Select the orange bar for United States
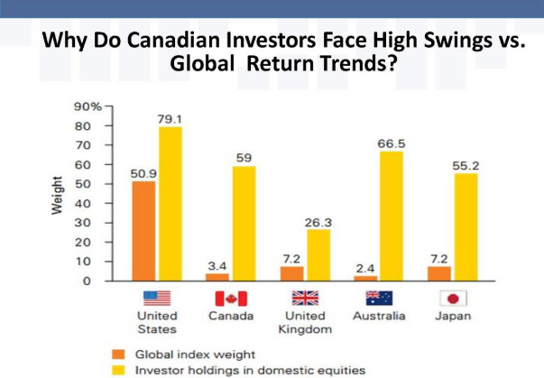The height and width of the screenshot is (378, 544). click(x=144, y=230)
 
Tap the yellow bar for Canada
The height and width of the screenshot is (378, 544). click(x=243, y=223)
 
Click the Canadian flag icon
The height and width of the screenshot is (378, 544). click(x=231, y=299)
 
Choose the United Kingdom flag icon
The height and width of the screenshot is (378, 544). click(x=304, y=299)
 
